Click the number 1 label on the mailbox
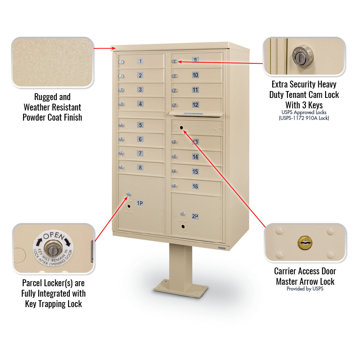click(140, 61)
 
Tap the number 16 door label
click(195, 186)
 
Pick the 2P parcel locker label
click(195, 216)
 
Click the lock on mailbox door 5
click(122, 126)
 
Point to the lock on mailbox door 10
click(174, 76)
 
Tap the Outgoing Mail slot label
click(194, 114)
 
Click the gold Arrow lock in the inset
click(305, 243)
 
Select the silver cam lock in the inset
click(303, 55)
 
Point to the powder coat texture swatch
click(53, 62)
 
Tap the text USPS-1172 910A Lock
click(304, 118)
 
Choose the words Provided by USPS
click(305, 289)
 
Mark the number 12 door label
click(195, 105)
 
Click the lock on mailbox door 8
click(122, 167)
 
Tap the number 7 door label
click(140, 153)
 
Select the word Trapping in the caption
click(53, 304)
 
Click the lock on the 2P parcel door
click(183, 214)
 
